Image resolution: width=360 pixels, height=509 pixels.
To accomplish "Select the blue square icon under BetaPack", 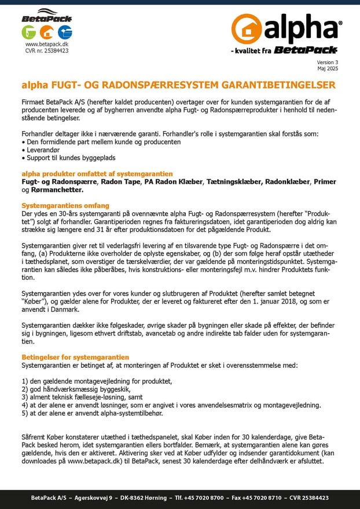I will tap(65, 32).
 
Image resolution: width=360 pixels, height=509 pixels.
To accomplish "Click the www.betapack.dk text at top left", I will tap(47, 44).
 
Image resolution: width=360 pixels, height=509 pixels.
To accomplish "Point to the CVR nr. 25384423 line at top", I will tap(47, 50).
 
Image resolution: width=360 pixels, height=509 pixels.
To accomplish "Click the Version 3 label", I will tap(327, 62).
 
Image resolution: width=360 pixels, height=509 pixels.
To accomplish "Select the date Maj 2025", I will tap(328, 68).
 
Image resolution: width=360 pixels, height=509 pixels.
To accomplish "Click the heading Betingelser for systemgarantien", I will tap(75, 357).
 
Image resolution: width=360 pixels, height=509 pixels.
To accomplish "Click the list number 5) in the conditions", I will tap(25, 413).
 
